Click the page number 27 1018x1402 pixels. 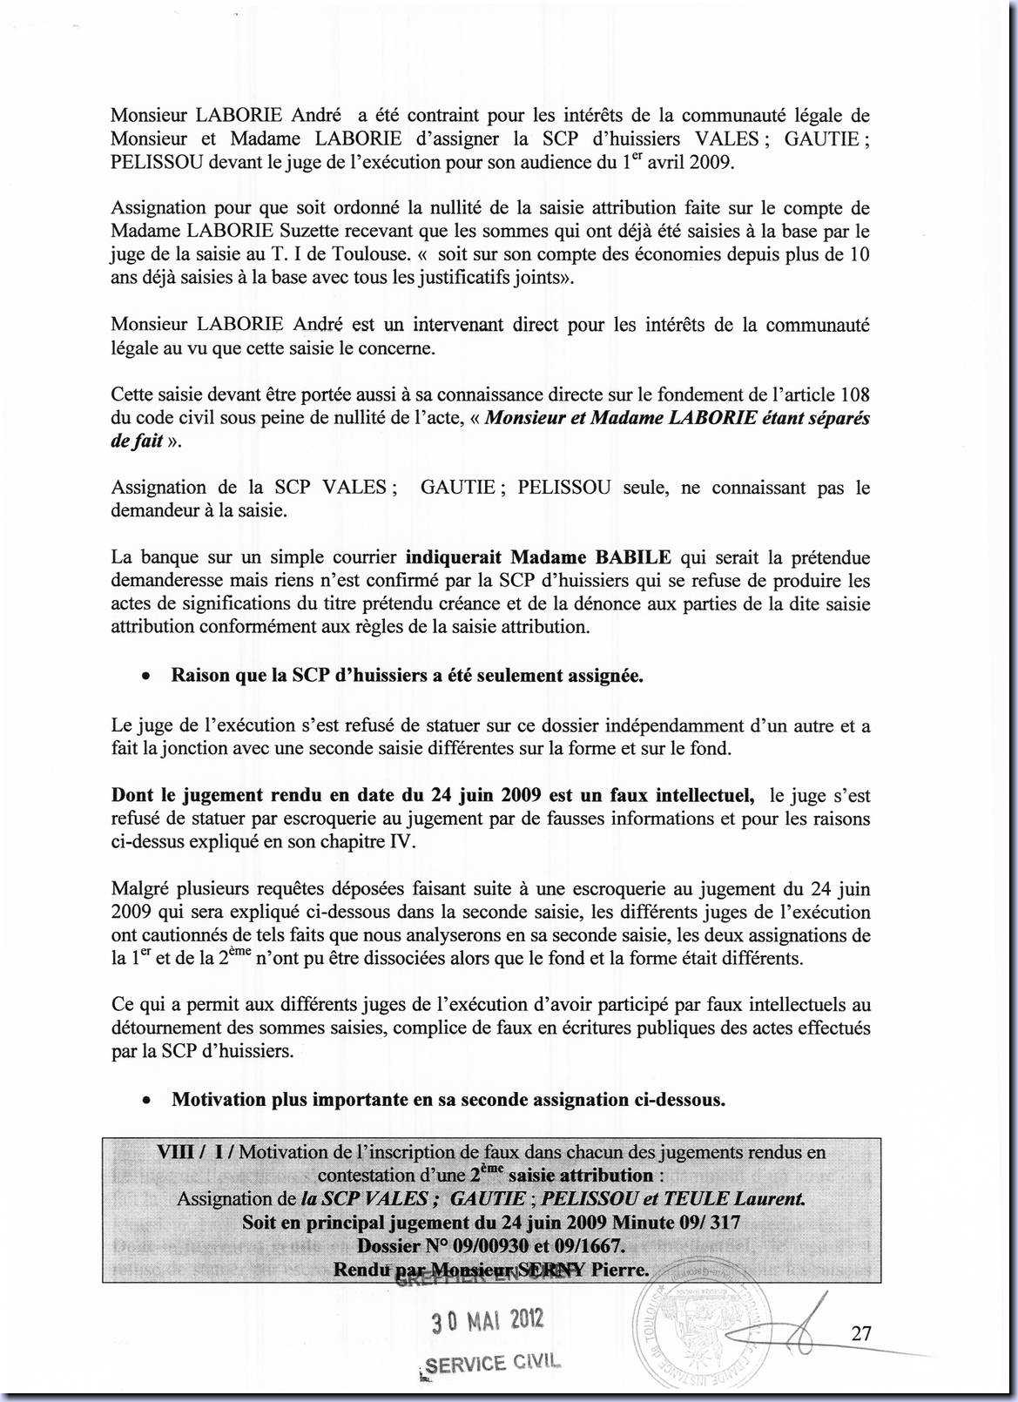[x=861, y=1333]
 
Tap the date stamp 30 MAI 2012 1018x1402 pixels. [x=488, y=1320]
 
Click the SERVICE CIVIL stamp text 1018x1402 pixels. [x=490, y=1363]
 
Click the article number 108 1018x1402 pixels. [x=853, y=394]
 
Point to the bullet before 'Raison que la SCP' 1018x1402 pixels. [x=149, y=677]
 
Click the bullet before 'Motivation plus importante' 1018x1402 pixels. [x=149, y=1101]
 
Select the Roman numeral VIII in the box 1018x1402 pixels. [x=174, y=1152]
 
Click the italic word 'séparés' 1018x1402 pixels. [x=836, y=418]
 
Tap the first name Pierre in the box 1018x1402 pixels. [x=620, y=1269]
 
